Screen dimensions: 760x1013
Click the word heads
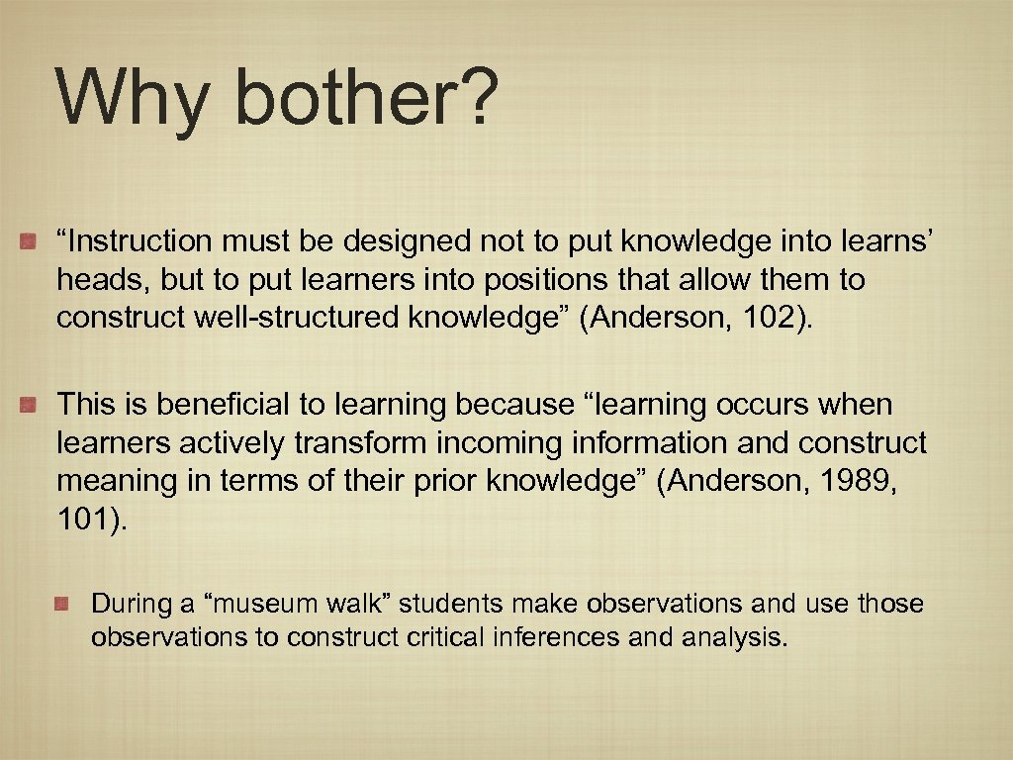tap(100, 280)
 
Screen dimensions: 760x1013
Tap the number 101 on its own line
tap(87, 521)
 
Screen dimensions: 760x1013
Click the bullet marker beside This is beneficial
tap(30, 404)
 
